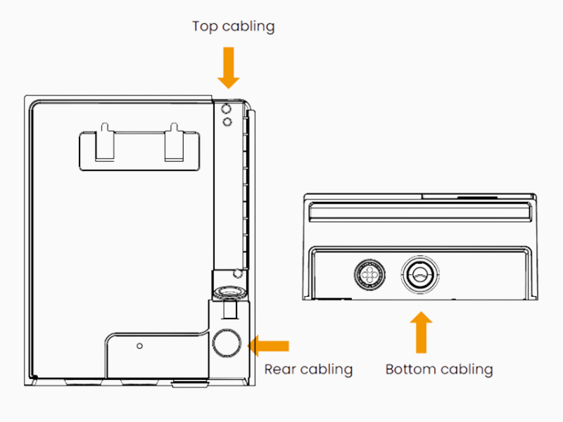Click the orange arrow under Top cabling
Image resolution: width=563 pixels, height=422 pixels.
point(229,68)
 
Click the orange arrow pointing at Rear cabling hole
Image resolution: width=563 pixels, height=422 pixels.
point(270,345)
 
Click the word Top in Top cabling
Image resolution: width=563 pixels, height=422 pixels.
point(205,27)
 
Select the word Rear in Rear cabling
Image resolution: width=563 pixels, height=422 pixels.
point(279,369)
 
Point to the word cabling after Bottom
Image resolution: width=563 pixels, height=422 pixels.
point(465,369)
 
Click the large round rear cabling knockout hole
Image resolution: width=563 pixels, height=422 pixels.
point(226,343)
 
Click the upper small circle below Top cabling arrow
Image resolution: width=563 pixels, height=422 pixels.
point(227,109)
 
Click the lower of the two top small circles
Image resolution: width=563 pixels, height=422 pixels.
point(227,122)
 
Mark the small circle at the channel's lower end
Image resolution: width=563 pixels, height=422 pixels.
point(239,272)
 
